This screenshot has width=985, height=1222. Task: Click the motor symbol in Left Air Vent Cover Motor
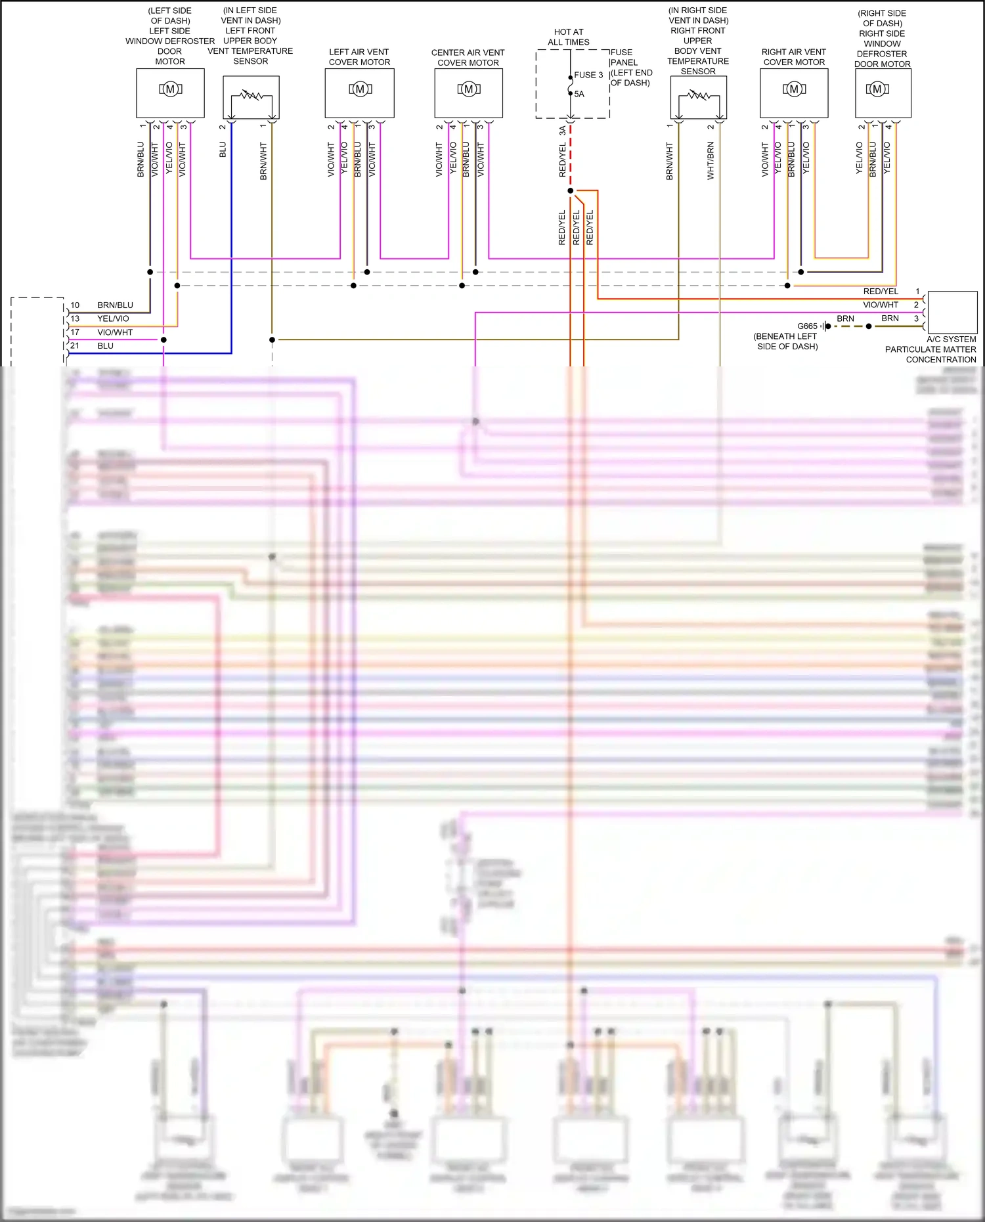(360, 89)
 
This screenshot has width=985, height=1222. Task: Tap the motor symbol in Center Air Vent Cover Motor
(469, 89)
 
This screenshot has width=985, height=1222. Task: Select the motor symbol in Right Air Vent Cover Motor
(794, 89)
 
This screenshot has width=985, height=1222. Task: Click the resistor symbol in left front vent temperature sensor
(251, 96)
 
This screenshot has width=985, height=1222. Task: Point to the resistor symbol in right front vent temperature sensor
(699, 96)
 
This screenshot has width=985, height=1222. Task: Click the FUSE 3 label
(588, 75)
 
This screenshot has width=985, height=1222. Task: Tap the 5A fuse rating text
(579, 94)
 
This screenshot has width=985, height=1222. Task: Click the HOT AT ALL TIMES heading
(569, 37)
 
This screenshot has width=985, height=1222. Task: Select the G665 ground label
(807, 326)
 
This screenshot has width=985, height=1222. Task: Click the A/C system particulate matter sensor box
(952, 313)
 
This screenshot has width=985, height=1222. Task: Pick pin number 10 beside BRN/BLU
(75, 305)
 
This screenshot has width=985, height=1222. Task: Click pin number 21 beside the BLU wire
(75, 346)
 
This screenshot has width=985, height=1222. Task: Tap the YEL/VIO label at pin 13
(114, 319)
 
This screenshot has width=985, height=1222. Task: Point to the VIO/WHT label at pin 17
(115, 332)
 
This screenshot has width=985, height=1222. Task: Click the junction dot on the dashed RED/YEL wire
(571, 191)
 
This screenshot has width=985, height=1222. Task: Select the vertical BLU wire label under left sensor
(223, 150)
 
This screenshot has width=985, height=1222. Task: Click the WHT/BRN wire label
(711, 161)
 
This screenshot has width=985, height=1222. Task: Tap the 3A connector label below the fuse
(562, 131)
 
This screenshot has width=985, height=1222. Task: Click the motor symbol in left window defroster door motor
(170, 89)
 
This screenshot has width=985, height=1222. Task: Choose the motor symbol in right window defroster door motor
(877, 89)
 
